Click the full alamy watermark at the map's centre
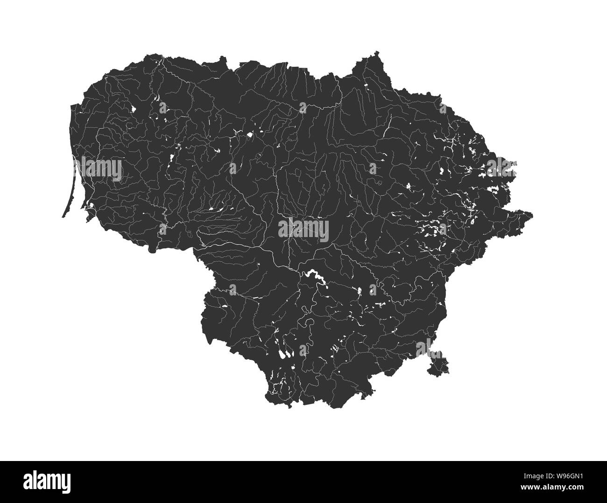303,229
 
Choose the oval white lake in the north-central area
250,134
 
